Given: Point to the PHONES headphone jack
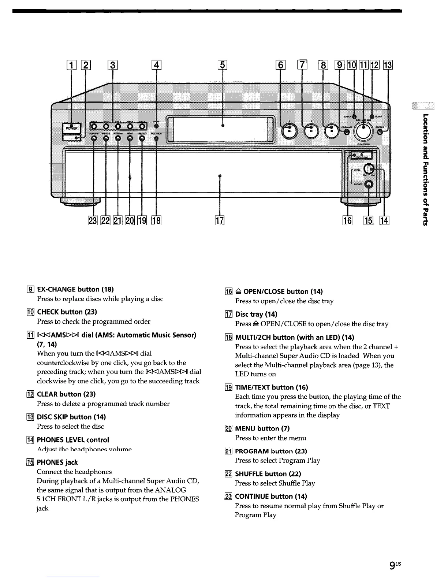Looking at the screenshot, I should [x=369, y=184].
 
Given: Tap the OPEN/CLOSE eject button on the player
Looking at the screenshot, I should [x=361, y=155].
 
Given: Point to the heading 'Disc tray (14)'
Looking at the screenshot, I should [x=256, y=314].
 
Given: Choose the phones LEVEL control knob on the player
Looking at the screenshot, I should [x=369, y=169].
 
